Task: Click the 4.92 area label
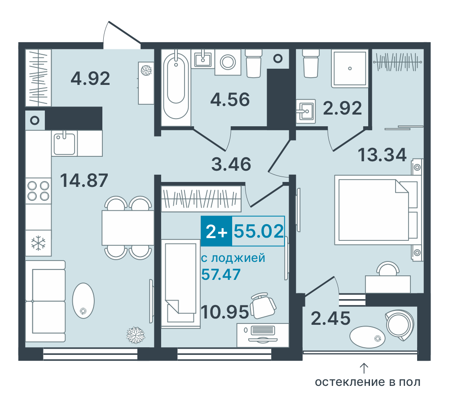pos(90,78)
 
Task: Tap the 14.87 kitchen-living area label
pos(84,180)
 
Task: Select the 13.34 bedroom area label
pos(382,155)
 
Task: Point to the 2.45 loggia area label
pos(330,318)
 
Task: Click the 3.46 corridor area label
pos(231,164)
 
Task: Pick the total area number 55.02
pos(259,231)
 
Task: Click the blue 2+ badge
pos(216,231)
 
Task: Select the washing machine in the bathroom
pos(228,62)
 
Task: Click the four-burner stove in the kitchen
pos(38,191)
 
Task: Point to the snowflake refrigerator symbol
pos(38,243)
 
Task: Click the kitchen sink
pos(64,143)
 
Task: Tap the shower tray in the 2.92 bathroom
pos(350,68)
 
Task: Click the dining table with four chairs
pos(128,228)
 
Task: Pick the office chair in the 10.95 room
pos(263,305)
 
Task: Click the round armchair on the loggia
pos(400,325)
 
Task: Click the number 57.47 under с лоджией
pos(221,274)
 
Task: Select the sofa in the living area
pos(45,301)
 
